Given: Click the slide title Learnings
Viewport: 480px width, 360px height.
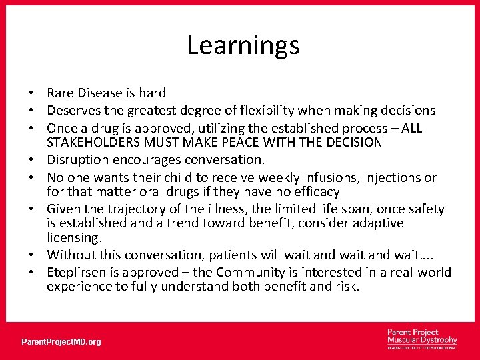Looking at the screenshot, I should [243, 46].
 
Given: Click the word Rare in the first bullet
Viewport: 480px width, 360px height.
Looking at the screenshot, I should [61, 93].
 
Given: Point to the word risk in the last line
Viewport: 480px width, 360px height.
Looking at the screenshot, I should [347, 287].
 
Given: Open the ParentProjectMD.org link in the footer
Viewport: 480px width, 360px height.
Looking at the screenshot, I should [61, 342].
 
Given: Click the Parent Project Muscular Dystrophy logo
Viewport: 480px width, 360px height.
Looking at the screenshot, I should [422, 338].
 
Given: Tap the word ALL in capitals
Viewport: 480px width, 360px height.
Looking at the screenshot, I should [409, 128].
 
